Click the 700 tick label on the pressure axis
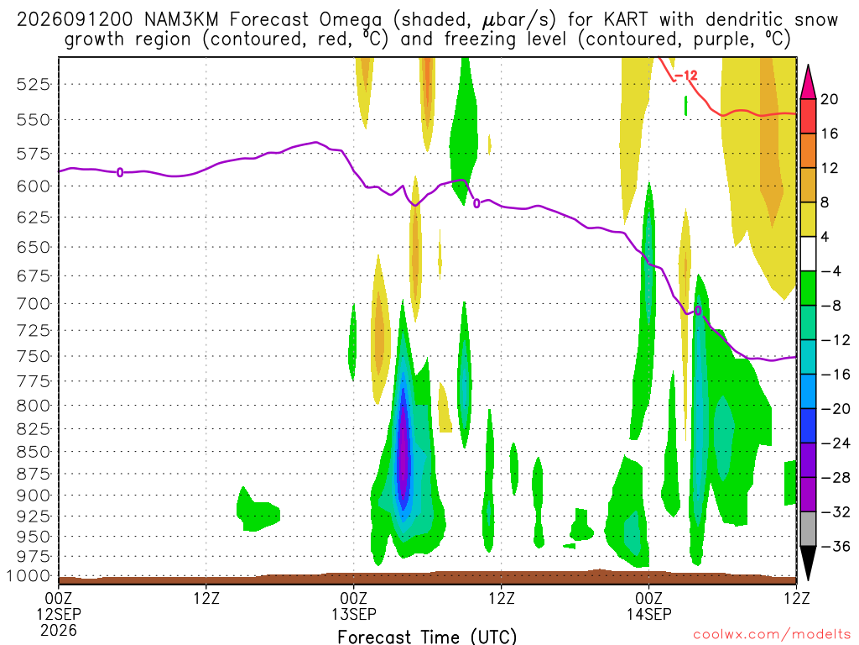[34, 304]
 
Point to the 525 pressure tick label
[34, 85]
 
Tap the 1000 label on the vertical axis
[29, 576]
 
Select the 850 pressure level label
[34, 452]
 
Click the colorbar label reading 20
[830, 99]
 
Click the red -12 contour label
[686, 76]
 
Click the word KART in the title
[625, 20]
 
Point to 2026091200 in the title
[75, 20]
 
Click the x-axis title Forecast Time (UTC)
[427, 637]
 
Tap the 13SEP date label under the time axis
[354, 614]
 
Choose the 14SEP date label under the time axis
[649, 614]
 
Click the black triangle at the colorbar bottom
[808, 561]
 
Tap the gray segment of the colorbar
[808, 529]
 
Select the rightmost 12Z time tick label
[796, 598]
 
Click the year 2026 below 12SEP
[59, 630]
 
